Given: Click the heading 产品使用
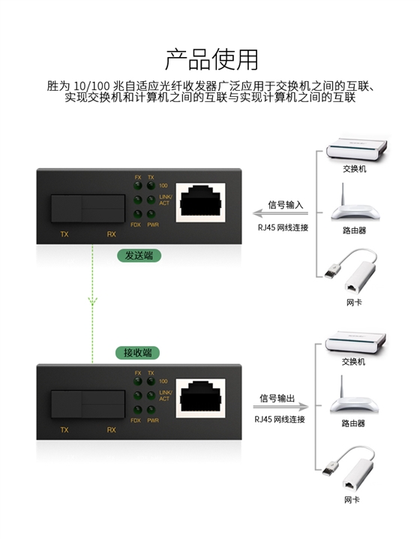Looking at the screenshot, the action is pyautogui.click(x=211, y=59).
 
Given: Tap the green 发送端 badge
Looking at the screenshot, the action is pyautogui.click(x=139, y=256).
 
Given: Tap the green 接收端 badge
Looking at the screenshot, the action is pyautogui.click(x=138, y=353).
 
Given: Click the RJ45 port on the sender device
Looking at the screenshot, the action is pyautogui.click(x=200, y=202).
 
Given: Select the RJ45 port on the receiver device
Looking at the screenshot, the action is pyautogui.click(x=200, y=398).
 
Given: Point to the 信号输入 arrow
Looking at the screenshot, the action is pyautogui.click(x=280, y=213).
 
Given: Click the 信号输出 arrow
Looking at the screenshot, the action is pyautogui.click(x=281, y=407).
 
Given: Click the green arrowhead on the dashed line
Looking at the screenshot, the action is pyautogui.click(x=92, y=302).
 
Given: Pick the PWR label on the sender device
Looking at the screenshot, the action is pyautogui.click(x=153, y=224).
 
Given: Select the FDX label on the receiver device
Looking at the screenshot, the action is pyautogui.click(x=136, y=420).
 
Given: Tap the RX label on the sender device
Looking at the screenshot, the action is pyautogui.click(x=111, y=234).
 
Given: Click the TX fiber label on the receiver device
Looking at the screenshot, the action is pyautogui.click(x=64, y=430).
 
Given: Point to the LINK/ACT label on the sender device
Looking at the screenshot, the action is pyautogui.click(x=165, y=200).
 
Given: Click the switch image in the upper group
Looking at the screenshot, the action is pyautogui.click(x=357, y=149).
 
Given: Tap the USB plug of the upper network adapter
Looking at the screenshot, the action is pyautogui.click(x=333, y=270).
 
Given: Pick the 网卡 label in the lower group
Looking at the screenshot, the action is pyautogui.click(x=352, y=499).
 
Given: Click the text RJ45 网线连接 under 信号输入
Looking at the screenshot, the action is pyautogui.click(x=283, y=227).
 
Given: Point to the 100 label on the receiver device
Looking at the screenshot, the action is pyautogui.click(x=163, y=381).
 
